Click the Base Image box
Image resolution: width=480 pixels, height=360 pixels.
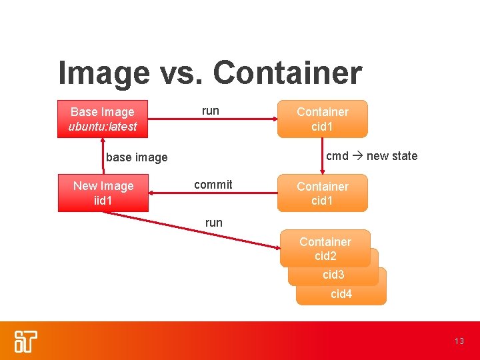pos(103,119)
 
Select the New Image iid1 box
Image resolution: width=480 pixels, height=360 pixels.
pos(103,193)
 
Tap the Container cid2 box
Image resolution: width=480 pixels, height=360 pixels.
pos(325,249)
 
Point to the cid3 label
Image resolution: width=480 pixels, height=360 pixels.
pos(333,275)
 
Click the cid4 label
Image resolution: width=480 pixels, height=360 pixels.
pos(341,294)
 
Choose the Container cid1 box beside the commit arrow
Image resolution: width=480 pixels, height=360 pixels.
pos(323,193)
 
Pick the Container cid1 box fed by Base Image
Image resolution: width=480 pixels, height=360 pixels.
pos(323,119)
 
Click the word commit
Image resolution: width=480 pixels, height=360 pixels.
pos(213,185)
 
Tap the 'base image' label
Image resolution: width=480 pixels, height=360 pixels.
pos(137,157)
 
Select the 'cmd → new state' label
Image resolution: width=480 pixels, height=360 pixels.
pos(371,156)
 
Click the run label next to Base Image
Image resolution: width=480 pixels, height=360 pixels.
pos(211,111)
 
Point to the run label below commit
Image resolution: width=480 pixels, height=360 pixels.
pos(214,223)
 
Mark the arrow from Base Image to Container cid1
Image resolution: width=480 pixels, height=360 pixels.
pos(213,119)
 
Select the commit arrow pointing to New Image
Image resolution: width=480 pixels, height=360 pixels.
pos(213,193)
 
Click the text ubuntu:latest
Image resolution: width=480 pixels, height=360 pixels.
pos(103,126)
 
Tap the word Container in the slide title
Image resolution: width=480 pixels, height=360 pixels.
pos(287,73)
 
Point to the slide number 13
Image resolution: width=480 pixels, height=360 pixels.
pos(459,341)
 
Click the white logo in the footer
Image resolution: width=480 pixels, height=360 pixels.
pos(26,341)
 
